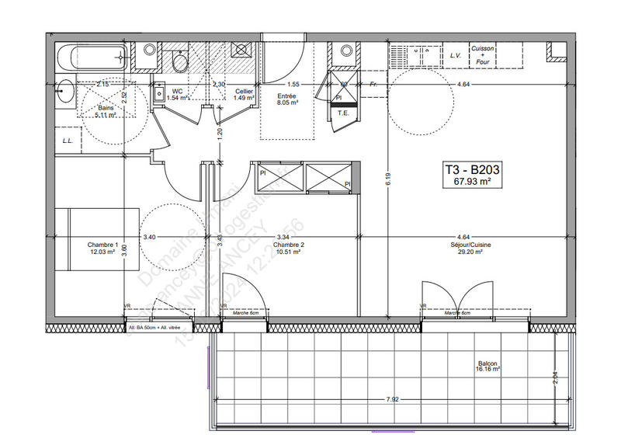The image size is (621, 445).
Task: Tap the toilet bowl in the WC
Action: tap(179, 61)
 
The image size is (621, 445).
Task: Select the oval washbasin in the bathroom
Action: tap(65, 89)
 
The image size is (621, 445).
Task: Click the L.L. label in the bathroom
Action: tap(68, 141)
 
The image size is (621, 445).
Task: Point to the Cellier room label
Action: tap(245, 92)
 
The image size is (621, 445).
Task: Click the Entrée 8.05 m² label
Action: tap(287, 96)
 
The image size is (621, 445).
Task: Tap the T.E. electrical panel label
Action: tap(342, 113)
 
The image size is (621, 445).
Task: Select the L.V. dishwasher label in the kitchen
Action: tap(456, 56)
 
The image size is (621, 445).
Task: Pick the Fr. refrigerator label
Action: tap(373, 84)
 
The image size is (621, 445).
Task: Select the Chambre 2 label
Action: tap(288, 244)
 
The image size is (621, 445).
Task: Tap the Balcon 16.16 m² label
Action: tap(489, 366)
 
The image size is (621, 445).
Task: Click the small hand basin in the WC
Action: tap(159, 92)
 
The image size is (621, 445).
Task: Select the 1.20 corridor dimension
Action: tap(220, 133)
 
